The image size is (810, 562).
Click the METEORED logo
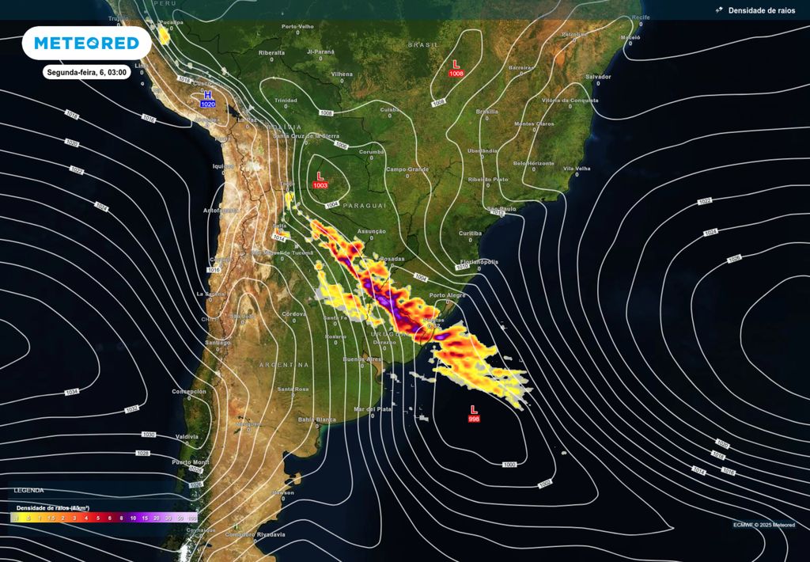tap(86, 43)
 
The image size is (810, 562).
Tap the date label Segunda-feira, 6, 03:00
tap(86, 72)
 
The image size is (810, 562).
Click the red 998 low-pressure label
tap(474, 418)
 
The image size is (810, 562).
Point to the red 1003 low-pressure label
tap(320, 184)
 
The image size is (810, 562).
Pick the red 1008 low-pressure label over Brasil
tap(456, 73)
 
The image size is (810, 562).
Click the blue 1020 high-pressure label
tap(208, 104)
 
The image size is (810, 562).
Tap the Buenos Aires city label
tap(361, 359)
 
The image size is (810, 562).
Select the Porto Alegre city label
tap(448, 295)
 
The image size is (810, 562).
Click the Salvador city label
tap(597, 76)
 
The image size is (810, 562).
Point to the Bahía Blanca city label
tap(316, 419)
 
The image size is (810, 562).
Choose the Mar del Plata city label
tap(373, 408)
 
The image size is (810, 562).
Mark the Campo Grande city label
tap(407, 169)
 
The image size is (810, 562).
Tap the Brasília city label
tap(487, 112)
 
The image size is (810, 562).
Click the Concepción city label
tap(189, 391)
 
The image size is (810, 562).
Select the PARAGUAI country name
tap(365, 205)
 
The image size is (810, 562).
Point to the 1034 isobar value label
tap(72, 393)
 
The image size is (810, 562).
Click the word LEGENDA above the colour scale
tap(29, 491)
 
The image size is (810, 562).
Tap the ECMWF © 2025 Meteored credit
tap(764, 525)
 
